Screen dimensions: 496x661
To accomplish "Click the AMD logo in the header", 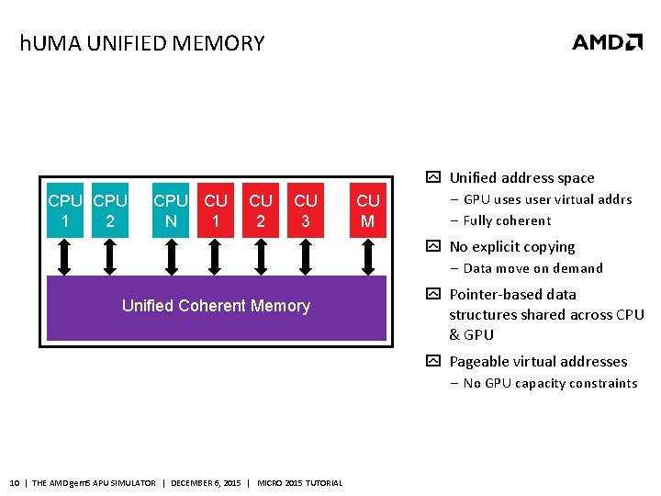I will [607, 42].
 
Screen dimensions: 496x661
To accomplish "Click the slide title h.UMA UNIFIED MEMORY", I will [142, 43].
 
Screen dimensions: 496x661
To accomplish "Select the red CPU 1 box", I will [64, 210].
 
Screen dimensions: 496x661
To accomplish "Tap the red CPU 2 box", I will [110, 210].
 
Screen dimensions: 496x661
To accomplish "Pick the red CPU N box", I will [171, 210].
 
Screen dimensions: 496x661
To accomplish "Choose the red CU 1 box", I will [216, 210].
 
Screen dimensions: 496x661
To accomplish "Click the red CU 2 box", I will [261, 210].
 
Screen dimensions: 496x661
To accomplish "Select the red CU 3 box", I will [306, 210].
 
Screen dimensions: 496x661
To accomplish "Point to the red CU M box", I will [368, 210].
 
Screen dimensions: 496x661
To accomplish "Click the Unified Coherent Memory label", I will [216, 306].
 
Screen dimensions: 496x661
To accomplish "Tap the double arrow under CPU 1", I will [64, 257].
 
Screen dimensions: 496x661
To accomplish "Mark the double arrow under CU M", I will [368, 257].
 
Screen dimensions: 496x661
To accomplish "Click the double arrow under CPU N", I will [171, 257].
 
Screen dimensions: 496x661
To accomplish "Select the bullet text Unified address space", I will [521, 178].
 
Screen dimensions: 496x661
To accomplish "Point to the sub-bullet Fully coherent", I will [507, 220].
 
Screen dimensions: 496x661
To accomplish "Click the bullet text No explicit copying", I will [511, 247].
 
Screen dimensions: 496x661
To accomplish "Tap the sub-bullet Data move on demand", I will [532, 268].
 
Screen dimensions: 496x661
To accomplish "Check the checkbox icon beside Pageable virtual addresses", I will [433, 362].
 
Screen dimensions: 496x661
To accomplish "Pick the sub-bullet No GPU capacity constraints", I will [550, 383].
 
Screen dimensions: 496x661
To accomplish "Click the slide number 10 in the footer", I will [14, 483].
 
